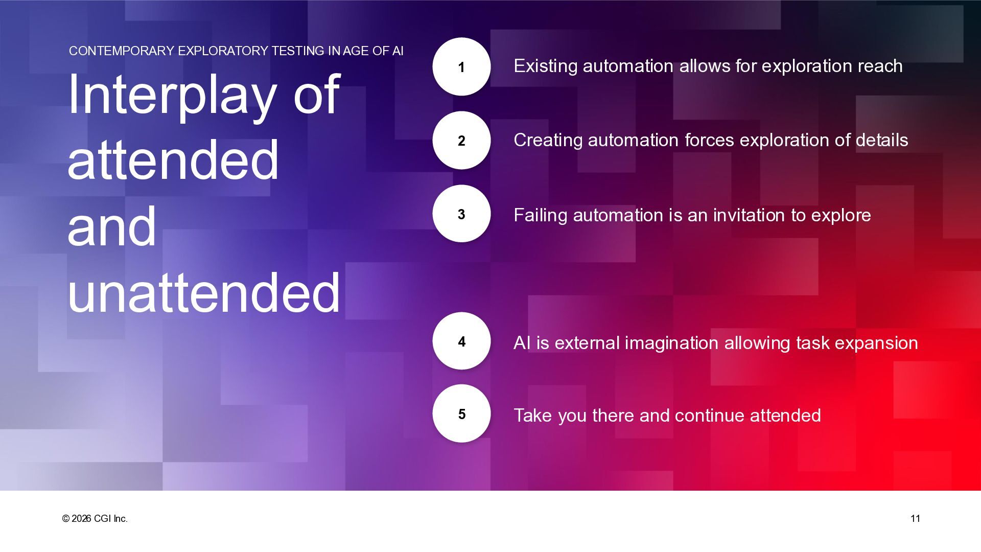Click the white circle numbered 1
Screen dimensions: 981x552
point(461,66)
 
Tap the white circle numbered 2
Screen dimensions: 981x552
point(461,140)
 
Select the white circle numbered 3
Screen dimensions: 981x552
point(461,214)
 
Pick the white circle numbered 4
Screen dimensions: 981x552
point(461,341)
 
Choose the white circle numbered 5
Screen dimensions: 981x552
point(461,413)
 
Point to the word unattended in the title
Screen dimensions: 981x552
point(204,292)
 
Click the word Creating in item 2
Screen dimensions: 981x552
point(548,141)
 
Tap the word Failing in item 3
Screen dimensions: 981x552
point(541,215)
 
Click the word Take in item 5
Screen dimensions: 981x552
point(533,416)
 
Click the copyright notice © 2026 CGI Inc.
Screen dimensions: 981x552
point(95,519)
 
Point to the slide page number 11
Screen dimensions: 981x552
point(915,519)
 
